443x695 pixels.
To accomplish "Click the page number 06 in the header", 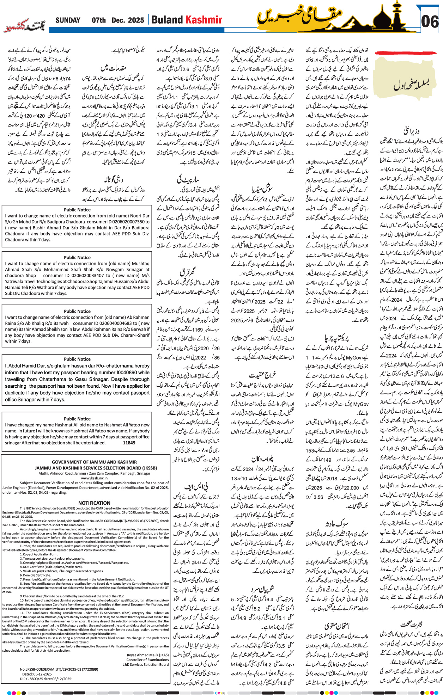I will point(430,22).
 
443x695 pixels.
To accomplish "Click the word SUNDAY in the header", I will point(68,20).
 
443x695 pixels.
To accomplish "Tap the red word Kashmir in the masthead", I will point(204,20).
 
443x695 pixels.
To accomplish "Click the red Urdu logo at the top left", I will point(25,27).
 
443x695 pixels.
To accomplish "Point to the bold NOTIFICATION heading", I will point(94,503).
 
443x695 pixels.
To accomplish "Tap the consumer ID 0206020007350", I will point(128,222).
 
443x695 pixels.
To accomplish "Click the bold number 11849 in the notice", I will point(129,443).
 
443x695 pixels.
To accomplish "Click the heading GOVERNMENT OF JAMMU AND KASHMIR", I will point(94,462).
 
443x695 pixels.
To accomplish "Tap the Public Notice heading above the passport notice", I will point(77,359).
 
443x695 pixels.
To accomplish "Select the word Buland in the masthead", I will point(167,20).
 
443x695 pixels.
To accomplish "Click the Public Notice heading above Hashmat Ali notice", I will point(77,419).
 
